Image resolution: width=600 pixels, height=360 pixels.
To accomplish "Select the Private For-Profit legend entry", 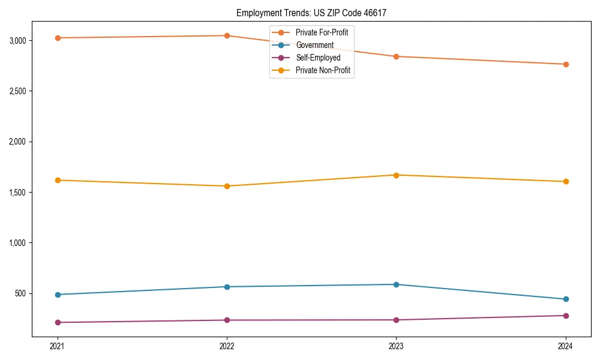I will point(321,32).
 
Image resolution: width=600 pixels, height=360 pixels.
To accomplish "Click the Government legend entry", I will point(314,45).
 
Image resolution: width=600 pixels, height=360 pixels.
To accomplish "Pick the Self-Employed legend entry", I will point(318,58).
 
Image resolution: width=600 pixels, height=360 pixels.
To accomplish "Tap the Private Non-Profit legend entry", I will point(323,70).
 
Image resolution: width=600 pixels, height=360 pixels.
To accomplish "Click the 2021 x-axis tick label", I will point(58,346).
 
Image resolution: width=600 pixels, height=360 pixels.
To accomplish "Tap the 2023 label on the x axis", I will point(396,346).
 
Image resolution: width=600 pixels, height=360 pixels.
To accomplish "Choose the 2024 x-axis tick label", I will point(565,346).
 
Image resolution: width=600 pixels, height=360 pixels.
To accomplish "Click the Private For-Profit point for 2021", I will point(58,38).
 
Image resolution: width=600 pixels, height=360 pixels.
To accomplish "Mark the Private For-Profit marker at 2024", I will point(565,64).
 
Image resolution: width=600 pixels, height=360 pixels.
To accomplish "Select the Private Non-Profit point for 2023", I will point(396,175).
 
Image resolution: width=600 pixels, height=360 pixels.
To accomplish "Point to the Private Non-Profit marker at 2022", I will point(227,186).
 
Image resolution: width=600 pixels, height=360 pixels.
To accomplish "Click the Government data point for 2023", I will point(396,284).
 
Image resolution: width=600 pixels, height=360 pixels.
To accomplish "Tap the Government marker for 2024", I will point(565,299).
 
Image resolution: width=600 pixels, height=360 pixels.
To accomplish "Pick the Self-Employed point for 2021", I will point(58,322).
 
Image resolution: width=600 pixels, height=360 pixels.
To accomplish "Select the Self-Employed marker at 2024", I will point(565,316).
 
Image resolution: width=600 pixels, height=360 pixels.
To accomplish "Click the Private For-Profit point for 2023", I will point(396,56).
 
